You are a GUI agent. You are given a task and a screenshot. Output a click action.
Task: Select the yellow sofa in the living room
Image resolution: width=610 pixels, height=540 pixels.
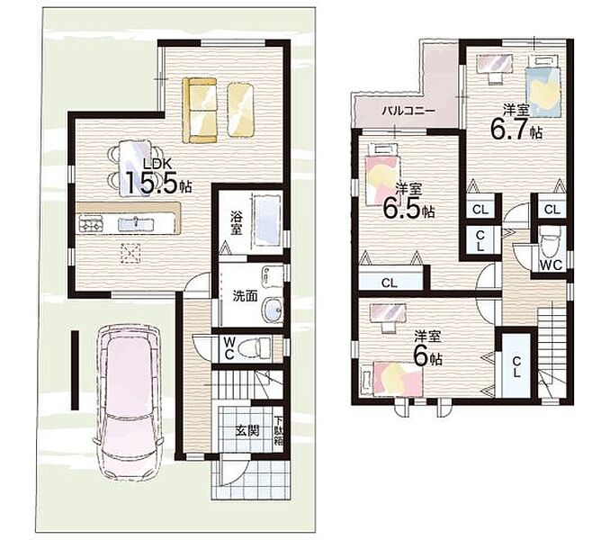[200, 110]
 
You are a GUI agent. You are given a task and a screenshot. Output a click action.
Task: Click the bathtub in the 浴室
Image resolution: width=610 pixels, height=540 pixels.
[266, 220]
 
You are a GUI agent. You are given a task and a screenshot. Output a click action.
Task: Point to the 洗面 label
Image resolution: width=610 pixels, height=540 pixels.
[245, 296]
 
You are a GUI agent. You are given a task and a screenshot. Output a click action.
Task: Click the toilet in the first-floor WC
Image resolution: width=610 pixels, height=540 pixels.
[255, 348]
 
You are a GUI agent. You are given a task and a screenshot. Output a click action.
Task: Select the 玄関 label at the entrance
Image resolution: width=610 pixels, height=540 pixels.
[247, 431]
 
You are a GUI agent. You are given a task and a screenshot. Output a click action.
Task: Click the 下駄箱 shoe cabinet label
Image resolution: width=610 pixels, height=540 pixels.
[278, 431]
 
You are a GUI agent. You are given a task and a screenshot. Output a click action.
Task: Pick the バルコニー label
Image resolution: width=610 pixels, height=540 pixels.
[408, 111]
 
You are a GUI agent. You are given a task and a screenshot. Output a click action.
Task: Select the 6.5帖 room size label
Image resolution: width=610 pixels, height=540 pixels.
[408, 207]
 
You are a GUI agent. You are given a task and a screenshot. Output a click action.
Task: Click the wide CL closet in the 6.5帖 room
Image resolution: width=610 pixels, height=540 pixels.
[390, 281]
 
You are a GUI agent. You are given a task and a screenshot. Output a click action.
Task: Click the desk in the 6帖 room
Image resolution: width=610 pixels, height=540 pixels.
[389, 313]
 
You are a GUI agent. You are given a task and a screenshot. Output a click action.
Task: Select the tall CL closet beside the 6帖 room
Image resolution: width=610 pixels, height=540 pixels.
[516, 365]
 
